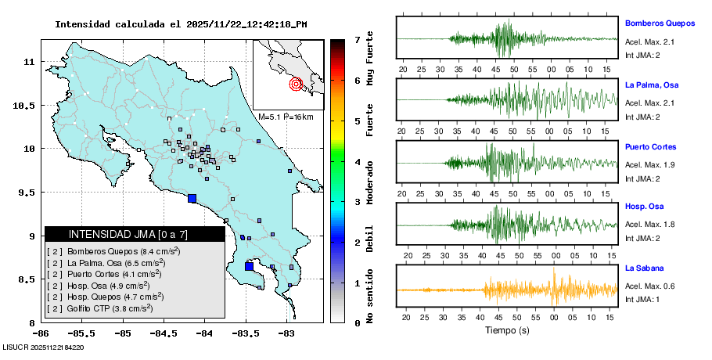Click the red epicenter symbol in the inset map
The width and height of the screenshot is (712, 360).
(296, 84)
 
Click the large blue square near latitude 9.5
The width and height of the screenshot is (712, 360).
(192, 198)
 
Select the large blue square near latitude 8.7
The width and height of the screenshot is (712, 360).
(250, 266)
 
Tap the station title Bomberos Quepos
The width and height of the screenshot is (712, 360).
(660, 23)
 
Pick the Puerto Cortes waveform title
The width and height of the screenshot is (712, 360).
(650, 146)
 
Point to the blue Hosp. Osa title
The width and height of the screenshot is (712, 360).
(645, 207)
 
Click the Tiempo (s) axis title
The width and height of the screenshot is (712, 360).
(507, 330)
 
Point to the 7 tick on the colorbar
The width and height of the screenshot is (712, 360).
(357, 39)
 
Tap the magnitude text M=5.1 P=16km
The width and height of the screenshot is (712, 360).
(286, 117)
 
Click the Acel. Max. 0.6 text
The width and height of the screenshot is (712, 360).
(649, 286)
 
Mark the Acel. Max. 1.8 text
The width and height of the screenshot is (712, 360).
(649, 225)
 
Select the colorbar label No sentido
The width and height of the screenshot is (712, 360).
(369, 298)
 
